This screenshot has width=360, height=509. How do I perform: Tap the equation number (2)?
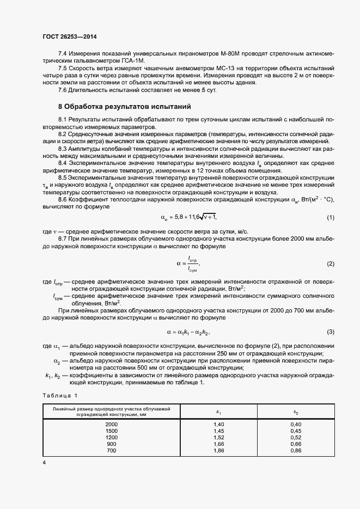330,263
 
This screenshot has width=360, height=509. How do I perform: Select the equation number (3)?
330,332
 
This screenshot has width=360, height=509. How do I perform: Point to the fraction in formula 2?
192,264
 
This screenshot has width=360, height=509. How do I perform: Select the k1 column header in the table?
219,413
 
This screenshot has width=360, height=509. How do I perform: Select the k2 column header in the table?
296,413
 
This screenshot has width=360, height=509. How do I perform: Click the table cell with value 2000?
111,424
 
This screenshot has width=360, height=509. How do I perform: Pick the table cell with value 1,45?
219,431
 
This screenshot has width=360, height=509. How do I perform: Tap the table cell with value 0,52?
296,437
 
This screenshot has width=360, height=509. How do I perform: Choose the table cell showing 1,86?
219,451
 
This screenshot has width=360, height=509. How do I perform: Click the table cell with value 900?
111,444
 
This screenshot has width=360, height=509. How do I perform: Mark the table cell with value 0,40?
296,424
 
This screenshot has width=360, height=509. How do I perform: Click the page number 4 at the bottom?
44,462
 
